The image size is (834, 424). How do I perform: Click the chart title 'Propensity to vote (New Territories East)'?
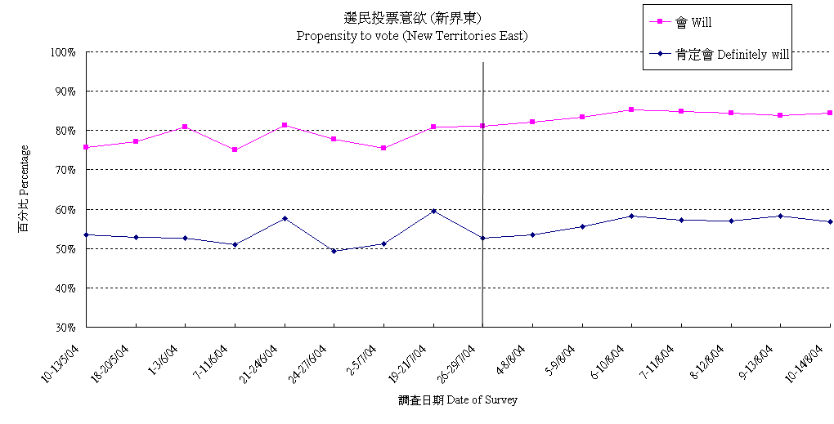tap(411, 36)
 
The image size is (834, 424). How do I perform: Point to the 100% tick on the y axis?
tap(63, 52)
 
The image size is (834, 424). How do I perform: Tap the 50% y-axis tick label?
tap(65, 249)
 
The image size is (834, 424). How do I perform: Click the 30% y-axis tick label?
tap(65, 328)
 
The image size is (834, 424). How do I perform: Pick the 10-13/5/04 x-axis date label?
tap(64, 363)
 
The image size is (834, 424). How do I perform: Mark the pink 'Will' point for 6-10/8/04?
tap(631, 109)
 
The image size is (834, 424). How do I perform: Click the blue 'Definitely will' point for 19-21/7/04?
tap(433, 211)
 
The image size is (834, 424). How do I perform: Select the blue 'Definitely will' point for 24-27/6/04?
tap(334, 251)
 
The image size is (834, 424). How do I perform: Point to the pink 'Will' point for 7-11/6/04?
tap(235, 150)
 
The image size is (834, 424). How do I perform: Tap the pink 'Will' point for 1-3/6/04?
tap(186, 127)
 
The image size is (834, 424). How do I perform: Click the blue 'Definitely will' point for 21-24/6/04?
tap(285, 218)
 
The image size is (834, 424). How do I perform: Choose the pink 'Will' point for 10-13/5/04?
tap(86, 147)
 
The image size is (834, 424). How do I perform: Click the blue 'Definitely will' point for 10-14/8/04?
tap(830, 221)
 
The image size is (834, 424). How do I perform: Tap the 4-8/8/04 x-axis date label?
tap(512, 359)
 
